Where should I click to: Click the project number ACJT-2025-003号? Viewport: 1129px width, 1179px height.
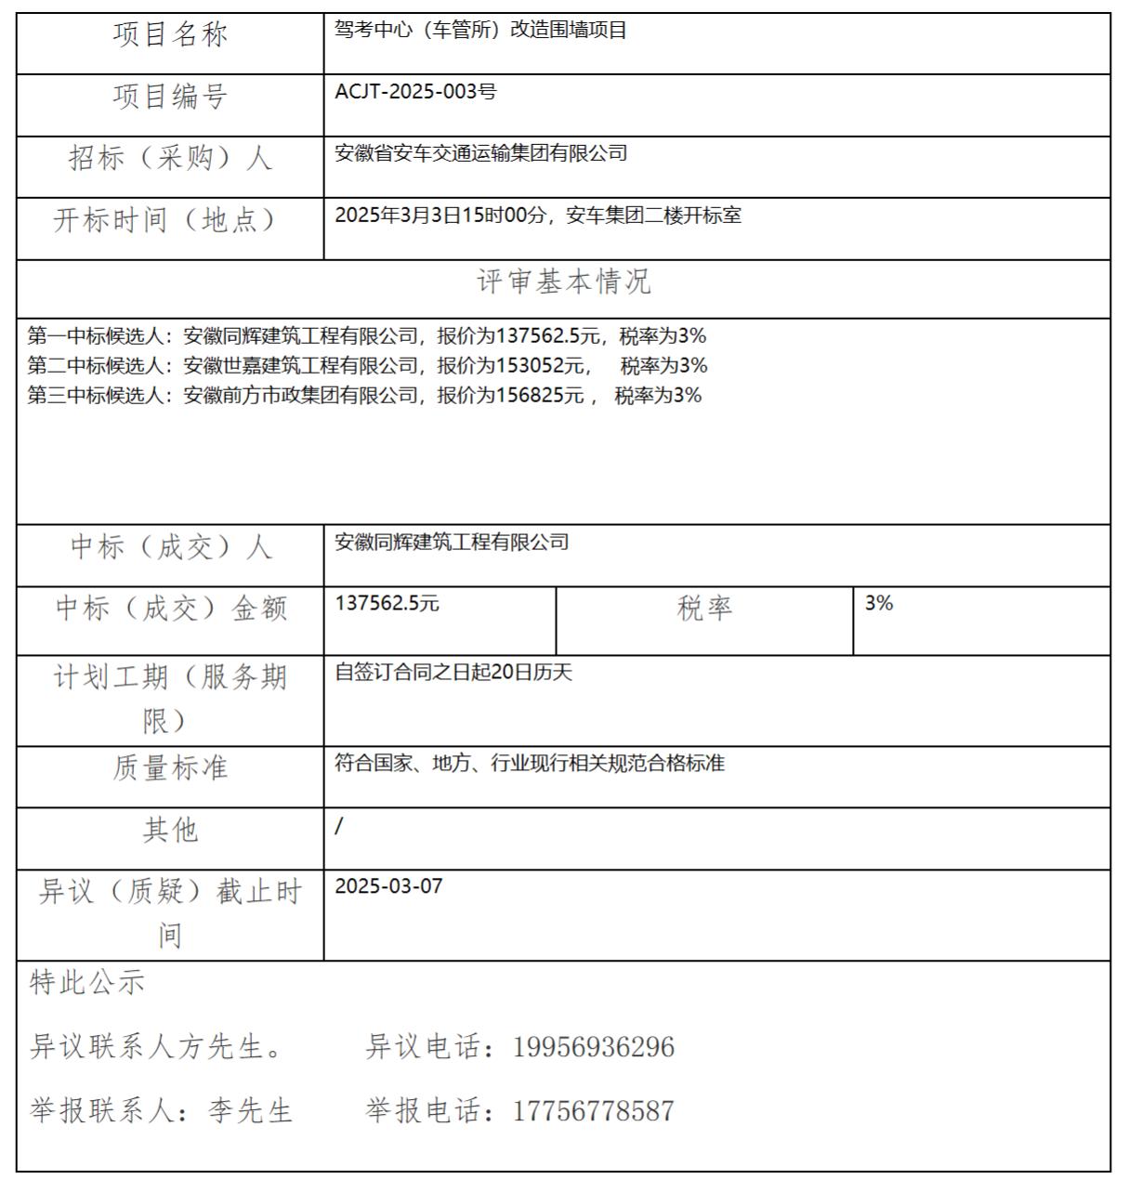click(x=415, y=92)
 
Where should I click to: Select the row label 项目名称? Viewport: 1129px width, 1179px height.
click(x=170, y=35)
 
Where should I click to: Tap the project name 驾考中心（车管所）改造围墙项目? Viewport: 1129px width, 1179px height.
click(x=480, y=31)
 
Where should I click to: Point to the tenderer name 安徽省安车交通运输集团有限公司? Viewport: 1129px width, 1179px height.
click(x=480, y=153)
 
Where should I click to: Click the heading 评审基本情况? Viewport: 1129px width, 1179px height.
click(x=563, y=282)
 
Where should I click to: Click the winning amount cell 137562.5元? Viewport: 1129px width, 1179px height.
click(x=387, y=604)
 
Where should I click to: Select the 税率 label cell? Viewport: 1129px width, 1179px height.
click(x=704, y=609)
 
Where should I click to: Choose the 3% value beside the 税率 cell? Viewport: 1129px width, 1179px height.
click(x=879, y=604)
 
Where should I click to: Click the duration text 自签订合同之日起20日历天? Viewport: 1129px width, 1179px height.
click(x=453, y=673)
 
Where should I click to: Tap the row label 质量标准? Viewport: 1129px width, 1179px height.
click(x=170, y=768)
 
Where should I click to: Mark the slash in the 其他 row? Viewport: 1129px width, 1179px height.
click(x=339, y=826)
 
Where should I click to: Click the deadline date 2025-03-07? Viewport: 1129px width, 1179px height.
click(x=388, y=886)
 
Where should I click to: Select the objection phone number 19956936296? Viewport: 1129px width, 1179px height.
click(x=593, y=1048)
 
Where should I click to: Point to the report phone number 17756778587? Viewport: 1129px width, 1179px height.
click(x=593, y=1111)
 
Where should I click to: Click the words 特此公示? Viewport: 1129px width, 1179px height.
click(x=87, y=983)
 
